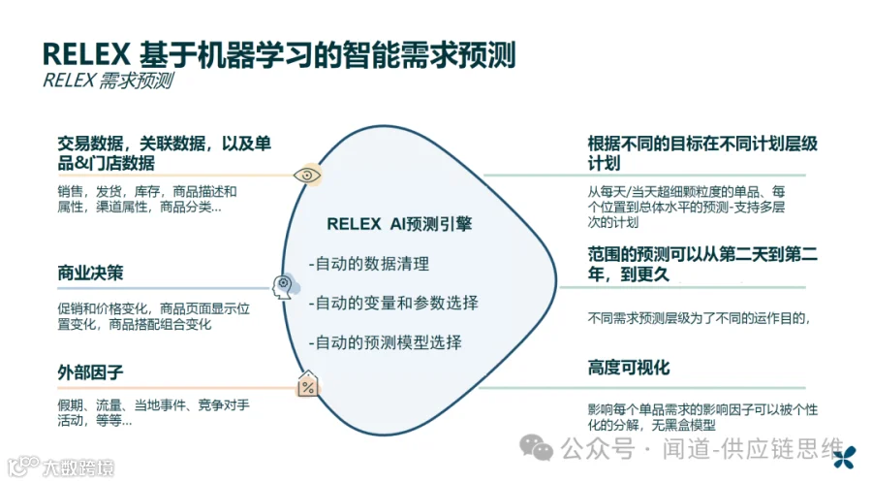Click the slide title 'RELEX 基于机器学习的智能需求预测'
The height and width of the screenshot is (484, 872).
coord(279,54)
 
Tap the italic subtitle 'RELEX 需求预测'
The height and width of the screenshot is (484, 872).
coord(108,81)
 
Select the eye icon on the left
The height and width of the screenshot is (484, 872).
coord(308,175)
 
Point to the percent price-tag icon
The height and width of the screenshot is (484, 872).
coord(309,386)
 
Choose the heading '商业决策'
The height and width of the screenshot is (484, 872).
coord(90,273)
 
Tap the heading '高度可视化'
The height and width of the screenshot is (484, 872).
coord(628,368)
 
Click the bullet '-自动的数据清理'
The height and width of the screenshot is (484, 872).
coord(368,264)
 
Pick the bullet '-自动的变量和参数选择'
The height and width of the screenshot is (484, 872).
coord(392,303)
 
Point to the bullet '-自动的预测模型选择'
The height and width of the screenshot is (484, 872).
coord(385,342)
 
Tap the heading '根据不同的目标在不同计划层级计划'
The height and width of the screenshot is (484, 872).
coord(702,152)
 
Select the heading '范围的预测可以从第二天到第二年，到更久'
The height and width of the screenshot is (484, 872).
coord(702,264)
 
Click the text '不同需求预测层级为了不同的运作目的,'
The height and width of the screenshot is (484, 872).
coord(698,317)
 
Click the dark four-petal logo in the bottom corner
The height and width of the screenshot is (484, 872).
coord(850,454)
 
